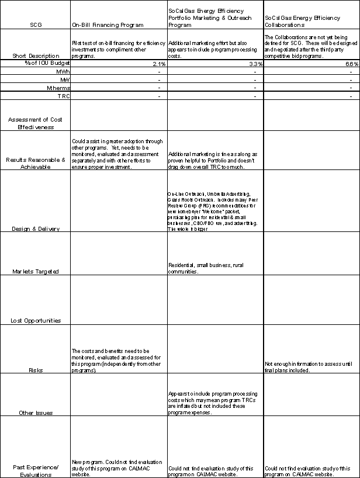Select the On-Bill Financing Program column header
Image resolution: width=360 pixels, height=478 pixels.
pos(108,25)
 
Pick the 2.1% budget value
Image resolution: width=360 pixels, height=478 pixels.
pos(158,63)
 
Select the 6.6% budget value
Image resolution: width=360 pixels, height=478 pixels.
pos(351,63)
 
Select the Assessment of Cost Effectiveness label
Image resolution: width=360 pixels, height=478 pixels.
pos(36,122)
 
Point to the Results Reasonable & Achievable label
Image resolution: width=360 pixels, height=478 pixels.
pos(36,162)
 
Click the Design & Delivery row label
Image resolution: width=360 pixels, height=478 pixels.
pos(36,228)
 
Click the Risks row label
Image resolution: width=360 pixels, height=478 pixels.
pos(36,370)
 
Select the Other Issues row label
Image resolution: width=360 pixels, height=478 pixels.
pos(36,413)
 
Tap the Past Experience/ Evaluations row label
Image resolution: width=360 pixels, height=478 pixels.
pos(36,470)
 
